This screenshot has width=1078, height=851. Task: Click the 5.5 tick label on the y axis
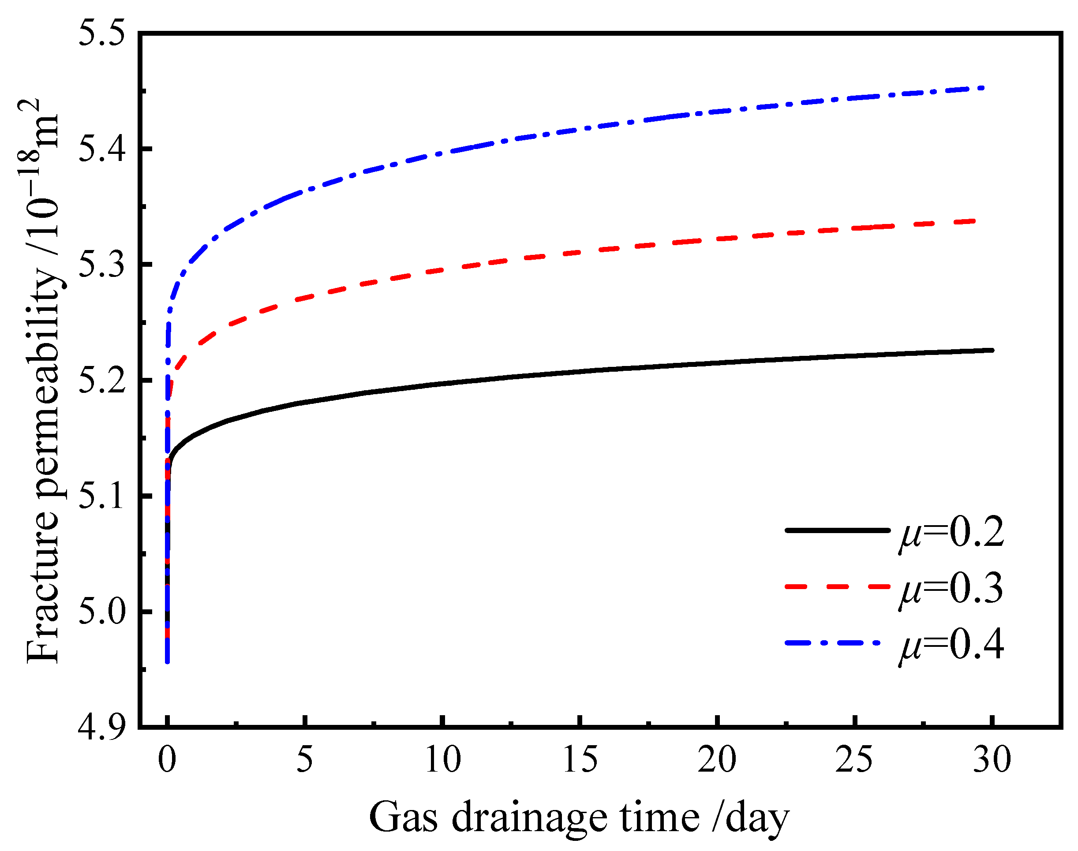(x=101, y=34)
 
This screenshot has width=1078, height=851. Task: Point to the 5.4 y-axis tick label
(x=101, y=149)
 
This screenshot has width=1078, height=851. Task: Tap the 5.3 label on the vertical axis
(x=101, y=264)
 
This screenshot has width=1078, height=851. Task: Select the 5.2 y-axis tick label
(x=101, y=380)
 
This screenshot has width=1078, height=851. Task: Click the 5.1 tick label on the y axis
(x=101, y=496)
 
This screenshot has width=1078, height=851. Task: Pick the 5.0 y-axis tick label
(x=101, y=611)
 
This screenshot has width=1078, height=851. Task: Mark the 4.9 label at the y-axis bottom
(x=101, y=727)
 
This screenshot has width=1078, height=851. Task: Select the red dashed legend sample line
(x=837, y=587)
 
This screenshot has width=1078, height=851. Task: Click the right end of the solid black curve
(x=992, y=350)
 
